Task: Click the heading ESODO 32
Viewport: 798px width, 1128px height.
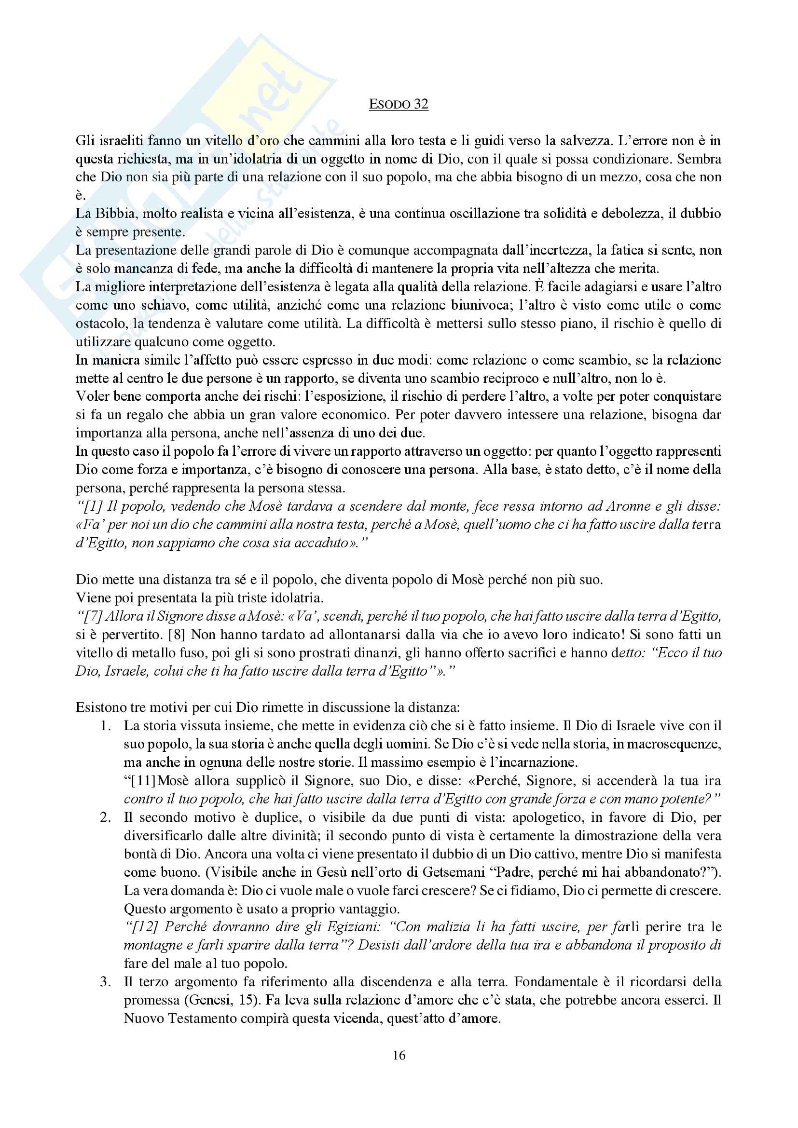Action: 399,104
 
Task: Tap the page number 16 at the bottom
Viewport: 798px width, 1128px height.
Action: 399,1055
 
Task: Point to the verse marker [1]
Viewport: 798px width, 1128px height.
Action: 94,506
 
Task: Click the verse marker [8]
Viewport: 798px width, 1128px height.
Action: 177,634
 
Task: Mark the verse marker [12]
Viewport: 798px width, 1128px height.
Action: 144,927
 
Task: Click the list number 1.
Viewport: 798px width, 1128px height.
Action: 105,726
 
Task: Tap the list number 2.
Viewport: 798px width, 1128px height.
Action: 105,817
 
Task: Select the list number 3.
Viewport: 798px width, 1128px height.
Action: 105,982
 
